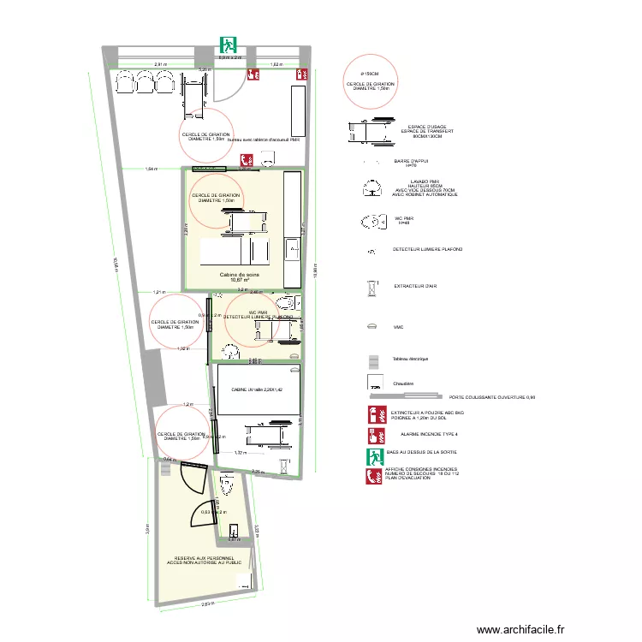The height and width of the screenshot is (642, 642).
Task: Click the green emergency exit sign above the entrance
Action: tap(227, 44)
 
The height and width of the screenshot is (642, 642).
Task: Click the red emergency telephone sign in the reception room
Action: tap(246, 158)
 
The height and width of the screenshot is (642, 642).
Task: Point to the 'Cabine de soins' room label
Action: tap(239, 275)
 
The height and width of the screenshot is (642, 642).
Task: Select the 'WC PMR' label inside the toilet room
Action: tap(259, 312)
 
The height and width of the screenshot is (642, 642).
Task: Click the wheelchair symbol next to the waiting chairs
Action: tap(192, 86)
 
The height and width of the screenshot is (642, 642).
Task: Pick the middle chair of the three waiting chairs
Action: tap(144, 80)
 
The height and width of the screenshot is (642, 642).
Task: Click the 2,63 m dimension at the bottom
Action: tap(208, 604)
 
